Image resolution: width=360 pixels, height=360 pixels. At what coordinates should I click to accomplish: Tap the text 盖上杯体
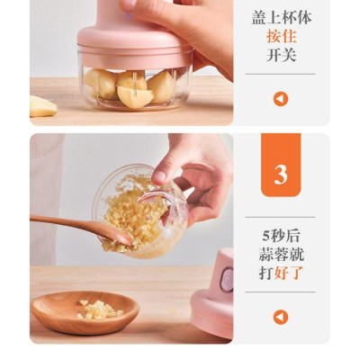coord(280,17)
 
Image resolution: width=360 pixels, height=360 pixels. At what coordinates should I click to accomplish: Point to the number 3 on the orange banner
coord(281,173)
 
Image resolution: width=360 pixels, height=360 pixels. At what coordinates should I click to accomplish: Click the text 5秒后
coord(280,236)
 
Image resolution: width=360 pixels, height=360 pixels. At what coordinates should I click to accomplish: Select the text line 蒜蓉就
coord(280,255)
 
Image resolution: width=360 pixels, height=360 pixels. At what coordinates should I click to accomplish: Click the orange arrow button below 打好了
coord(281,317)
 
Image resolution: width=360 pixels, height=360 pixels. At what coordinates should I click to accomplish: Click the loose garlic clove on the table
coord(42,106)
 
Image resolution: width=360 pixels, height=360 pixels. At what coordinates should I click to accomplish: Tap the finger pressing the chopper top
coord(135,7)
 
